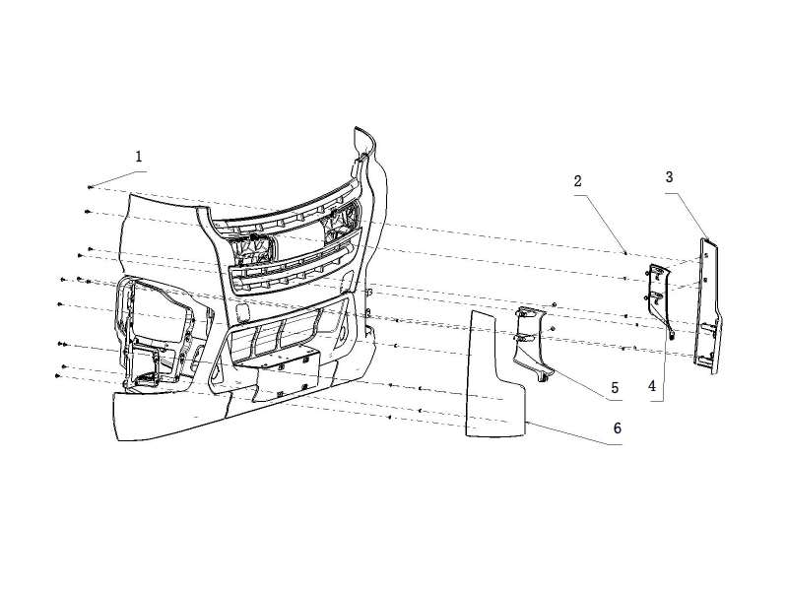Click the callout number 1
139,157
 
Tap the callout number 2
577,181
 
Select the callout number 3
669,177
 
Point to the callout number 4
652,387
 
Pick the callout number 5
614,387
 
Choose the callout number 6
618,429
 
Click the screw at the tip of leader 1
90,186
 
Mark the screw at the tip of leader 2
626,253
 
